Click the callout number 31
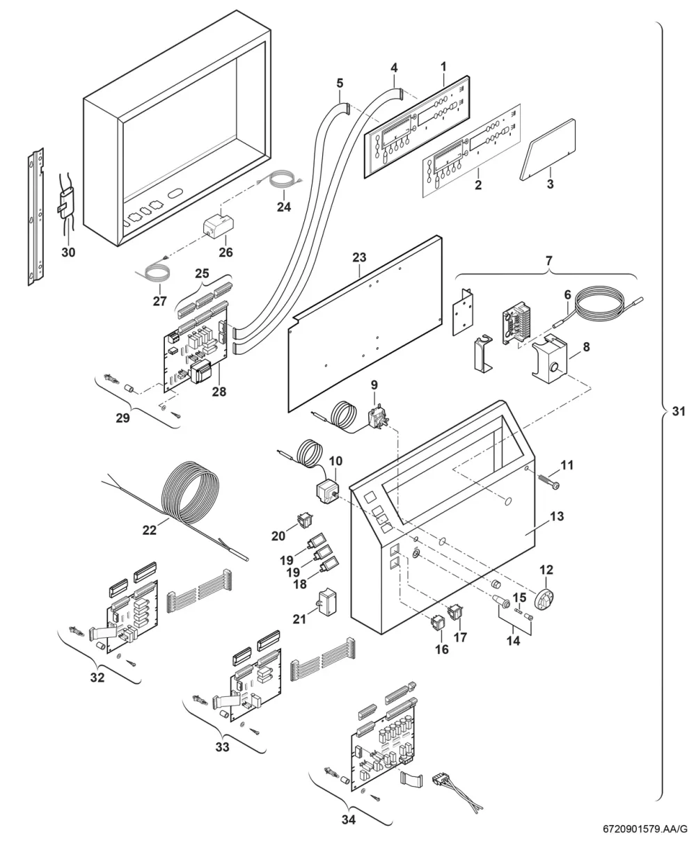point(679,411)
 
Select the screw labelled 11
point(549,482)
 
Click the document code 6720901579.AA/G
point(644,829)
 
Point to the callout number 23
point(359,257)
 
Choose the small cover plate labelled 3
point(547,150)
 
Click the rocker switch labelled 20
point(305,521)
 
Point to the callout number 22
point(149,530)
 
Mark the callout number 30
point(68,252)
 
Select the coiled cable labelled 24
point(282,179)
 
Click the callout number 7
point(549,261)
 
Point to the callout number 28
point(219,391)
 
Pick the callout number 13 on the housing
point(557,516)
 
